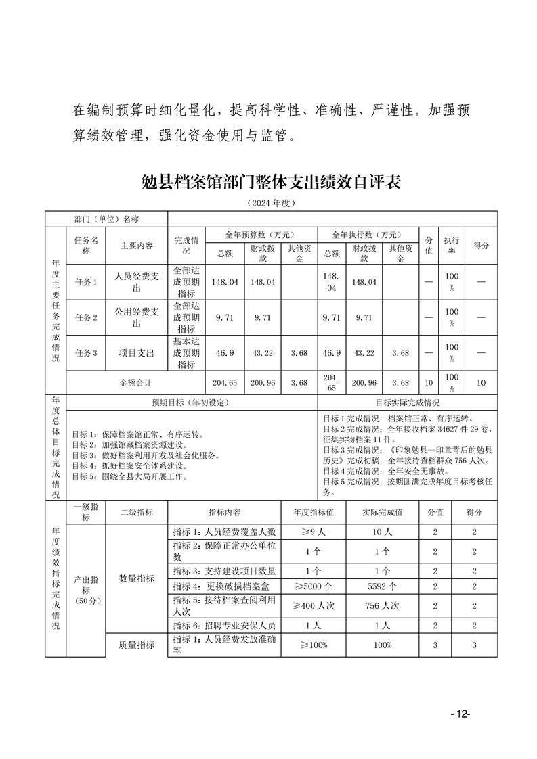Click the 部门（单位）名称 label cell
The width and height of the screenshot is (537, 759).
[107, 219]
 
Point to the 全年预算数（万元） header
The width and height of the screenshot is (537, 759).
[261, 234]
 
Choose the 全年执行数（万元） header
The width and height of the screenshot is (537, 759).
[367, 234]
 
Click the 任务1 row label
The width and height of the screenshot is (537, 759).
[86, 282]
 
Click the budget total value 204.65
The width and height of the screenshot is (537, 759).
[224, 382]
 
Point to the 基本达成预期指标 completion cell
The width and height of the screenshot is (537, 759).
[186, 352]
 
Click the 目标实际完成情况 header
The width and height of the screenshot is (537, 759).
[406, 402]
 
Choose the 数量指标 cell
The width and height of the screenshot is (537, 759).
[137, 579]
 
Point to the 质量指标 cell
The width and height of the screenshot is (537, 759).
[137, 645]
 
